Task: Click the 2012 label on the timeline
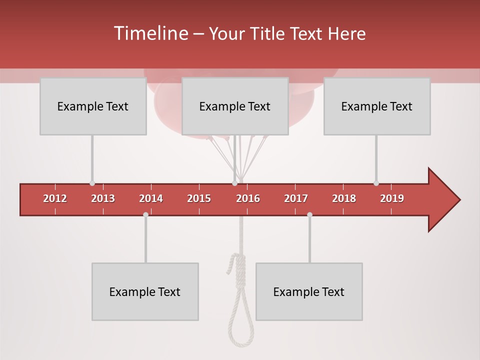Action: tap(55, 198)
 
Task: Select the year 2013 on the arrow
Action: tap(103, 198)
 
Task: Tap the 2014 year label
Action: tap(151, 198)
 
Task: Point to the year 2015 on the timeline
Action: tap(199, 198)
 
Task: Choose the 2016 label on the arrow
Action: tap(248, 198)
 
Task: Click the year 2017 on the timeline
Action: tap(296, 198)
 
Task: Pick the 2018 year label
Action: tap(344, 198)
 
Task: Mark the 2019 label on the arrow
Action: tap(392, 198)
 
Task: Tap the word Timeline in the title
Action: tap(150, 33)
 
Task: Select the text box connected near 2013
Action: tap(93, 106)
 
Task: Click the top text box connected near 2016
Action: tap(235, 106)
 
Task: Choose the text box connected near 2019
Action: tap(377, 106)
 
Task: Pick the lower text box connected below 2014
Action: tap(145, 291)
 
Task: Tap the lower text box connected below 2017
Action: tap(309, 291)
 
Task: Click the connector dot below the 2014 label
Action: tap(145, 214)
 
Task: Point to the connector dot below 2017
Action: tap(309, 214)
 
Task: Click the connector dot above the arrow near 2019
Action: tap(376, 183)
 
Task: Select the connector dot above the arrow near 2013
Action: tap(92, 183)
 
